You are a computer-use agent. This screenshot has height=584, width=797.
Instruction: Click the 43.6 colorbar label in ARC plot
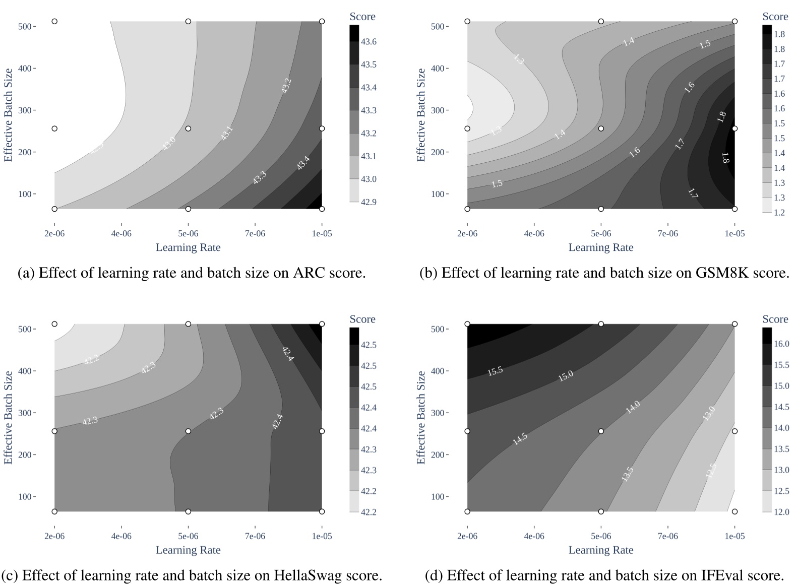(369, 42)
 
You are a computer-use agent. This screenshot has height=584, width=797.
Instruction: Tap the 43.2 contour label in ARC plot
(286, 86)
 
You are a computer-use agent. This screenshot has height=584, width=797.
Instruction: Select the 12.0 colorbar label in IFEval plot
(781, 512)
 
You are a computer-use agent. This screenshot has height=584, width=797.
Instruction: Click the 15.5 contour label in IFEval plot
(495, 371)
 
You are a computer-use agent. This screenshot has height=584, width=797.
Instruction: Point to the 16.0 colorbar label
(781, 344)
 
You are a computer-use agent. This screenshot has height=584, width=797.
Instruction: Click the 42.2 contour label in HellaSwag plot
(91, 360)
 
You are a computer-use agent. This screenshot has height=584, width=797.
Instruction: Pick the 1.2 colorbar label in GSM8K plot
(779, 213)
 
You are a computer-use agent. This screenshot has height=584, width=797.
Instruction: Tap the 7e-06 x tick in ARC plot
(255, 234)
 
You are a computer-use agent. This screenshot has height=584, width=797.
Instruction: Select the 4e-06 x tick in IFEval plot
(534, 537)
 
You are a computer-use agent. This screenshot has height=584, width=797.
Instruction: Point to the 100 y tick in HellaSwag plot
(25, 497)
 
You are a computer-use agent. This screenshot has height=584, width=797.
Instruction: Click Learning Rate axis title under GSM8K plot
(600, 247)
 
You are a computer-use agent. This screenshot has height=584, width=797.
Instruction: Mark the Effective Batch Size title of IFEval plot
(421, 417)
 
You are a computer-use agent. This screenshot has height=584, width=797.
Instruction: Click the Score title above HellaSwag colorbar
(362, 319)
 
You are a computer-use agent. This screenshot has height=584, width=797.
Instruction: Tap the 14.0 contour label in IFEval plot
(632, 407)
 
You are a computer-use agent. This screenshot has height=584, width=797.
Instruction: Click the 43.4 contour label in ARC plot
(303, 163)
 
